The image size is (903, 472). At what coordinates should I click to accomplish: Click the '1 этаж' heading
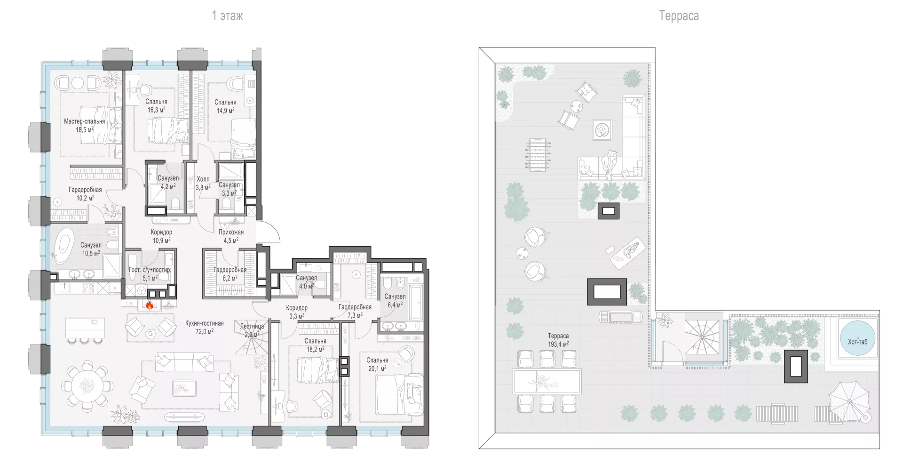[x=228, y=16]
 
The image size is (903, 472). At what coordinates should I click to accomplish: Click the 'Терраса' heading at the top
[x=679, y=16]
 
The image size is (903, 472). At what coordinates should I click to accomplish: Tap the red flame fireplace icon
[x=150, y=305]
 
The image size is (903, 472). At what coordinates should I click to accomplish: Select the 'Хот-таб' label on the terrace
[x=857, y=342]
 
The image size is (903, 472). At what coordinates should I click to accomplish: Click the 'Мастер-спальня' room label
[x=85, y=121]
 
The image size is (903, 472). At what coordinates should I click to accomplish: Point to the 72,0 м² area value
[x=204, y=331]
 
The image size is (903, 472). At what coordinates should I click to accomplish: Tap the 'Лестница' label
[x=252, y=326]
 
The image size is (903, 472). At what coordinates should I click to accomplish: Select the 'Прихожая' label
[x=231, y=232]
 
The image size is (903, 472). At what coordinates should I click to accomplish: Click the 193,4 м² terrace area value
[x=558, y=344]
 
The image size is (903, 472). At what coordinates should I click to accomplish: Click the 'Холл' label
[x=203, y=179]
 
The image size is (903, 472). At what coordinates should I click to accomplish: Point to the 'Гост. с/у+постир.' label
[x=150, y=270]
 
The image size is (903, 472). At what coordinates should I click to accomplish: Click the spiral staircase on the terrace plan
[x=702, y=338]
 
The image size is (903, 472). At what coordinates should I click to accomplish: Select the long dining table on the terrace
[x=547, y=381]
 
